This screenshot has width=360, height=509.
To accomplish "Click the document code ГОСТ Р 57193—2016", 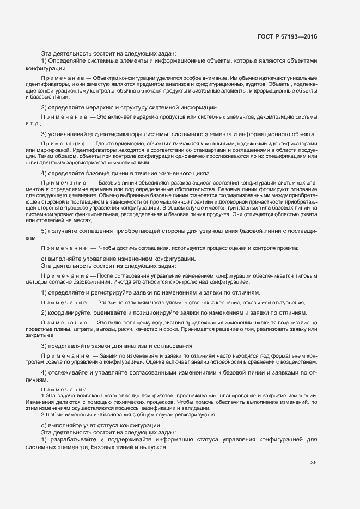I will (x=287, y=36).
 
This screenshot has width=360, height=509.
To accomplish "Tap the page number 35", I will (x=313, y=463).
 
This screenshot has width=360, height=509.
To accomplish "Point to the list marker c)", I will (x=44, y=259).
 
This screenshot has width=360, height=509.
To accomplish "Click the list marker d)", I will (x=44, y=425).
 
